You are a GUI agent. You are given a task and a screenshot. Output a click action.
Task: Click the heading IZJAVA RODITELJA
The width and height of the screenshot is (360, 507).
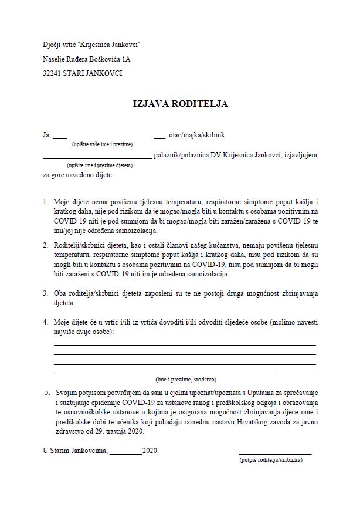[179, 104]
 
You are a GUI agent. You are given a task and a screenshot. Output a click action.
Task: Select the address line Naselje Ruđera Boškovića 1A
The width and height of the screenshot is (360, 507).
[87, 59]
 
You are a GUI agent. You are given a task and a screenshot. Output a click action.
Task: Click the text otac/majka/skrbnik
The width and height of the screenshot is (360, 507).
[196, 135]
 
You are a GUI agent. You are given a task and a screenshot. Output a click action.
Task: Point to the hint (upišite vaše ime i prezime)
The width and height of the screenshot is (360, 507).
[102, 144]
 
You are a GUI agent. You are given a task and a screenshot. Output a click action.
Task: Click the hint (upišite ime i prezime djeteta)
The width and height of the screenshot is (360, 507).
[99, 166]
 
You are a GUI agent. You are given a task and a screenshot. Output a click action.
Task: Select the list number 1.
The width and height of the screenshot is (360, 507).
[45, 201]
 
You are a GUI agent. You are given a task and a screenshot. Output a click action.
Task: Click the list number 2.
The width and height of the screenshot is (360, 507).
[45, 243]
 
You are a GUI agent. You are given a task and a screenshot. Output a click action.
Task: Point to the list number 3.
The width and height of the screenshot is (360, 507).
[45, 292]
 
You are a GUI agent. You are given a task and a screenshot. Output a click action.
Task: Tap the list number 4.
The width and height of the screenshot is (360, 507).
[45, 322]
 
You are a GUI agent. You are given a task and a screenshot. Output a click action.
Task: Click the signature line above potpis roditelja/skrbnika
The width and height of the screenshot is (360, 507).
[275, 454]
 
